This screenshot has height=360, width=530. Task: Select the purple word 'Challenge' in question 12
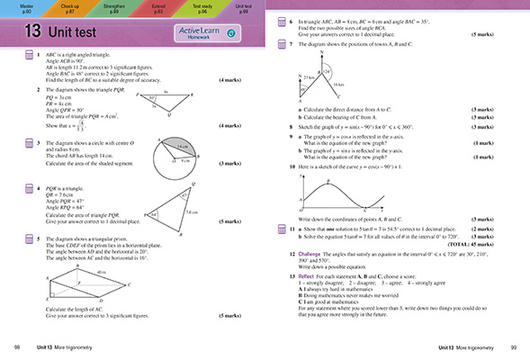point(307,256)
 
